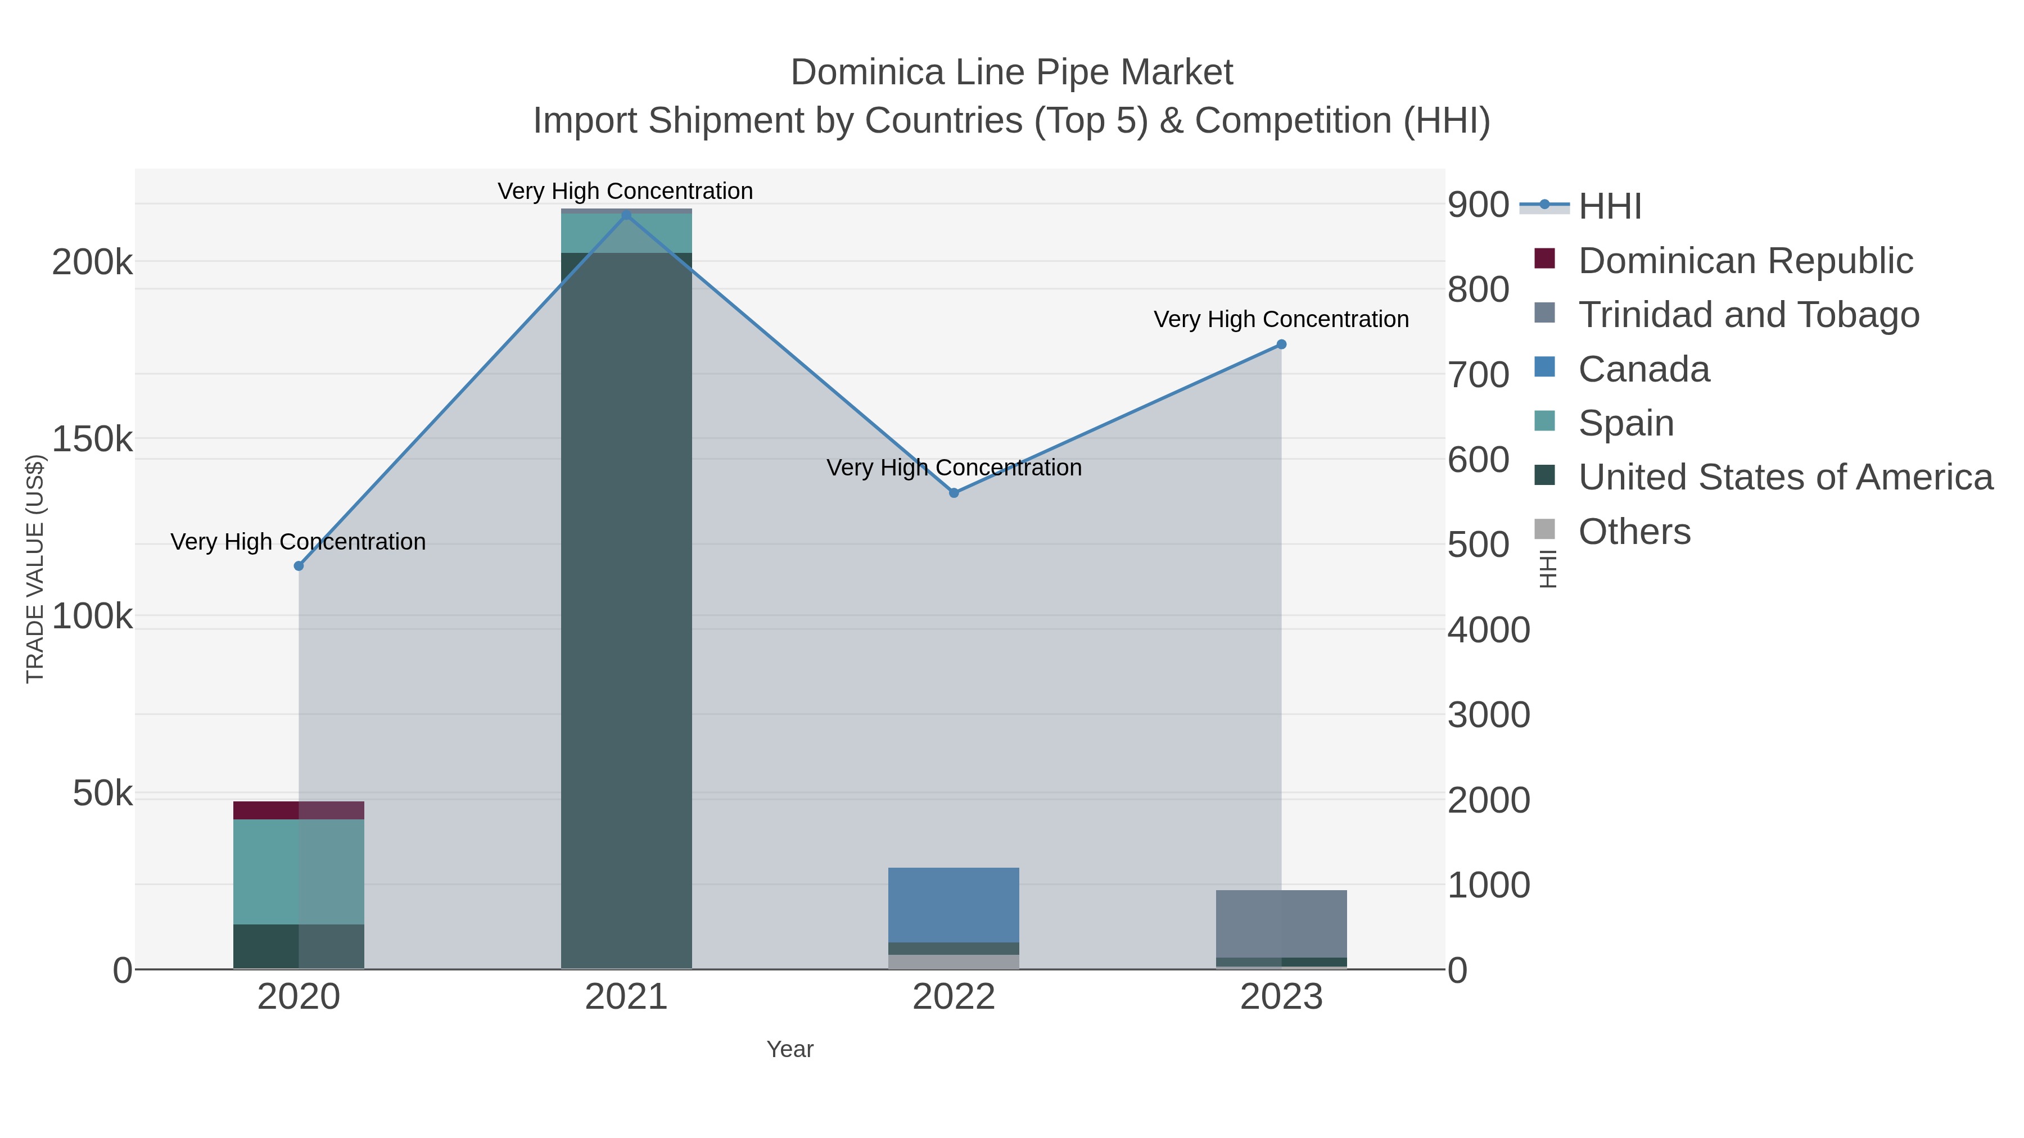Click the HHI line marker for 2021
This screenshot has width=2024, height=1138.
[x=626, y=215]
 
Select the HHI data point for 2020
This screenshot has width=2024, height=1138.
[x=299, y=566]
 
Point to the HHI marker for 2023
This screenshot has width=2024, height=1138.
[x=1281, y=344]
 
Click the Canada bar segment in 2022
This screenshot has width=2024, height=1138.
[x=954, y=905]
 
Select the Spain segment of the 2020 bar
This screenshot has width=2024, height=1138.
[x=299, y=872]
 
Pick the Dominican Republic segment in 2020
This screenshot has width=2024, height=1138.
[x=299, y=810]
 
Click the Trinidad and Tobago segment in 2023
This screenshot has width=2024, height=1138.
[x=1281, y=923]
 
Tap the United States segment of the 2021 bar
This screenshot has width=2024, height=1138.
[x=626, y=613]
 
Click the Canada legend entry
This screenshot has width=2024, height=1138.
[x=1644, y=369]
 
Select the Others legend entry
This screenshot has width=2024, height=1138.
[x=1634, y=532]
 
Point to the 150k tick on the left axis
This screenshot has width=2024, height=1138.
[x=93, y=440]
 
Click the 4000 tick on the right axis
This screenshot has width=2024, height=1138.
[x=1489, y=630]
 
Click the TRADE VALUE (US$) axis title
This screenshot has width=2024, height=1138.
[x=35, y=569]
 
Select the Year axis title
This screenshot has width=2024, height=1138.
[x=790, y=1049]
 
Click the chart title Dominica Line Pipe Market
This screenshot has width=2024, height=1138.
[x=1011, y=72]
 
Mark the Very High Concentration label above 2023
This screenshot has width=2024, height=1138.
[x=1281, y=320]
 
